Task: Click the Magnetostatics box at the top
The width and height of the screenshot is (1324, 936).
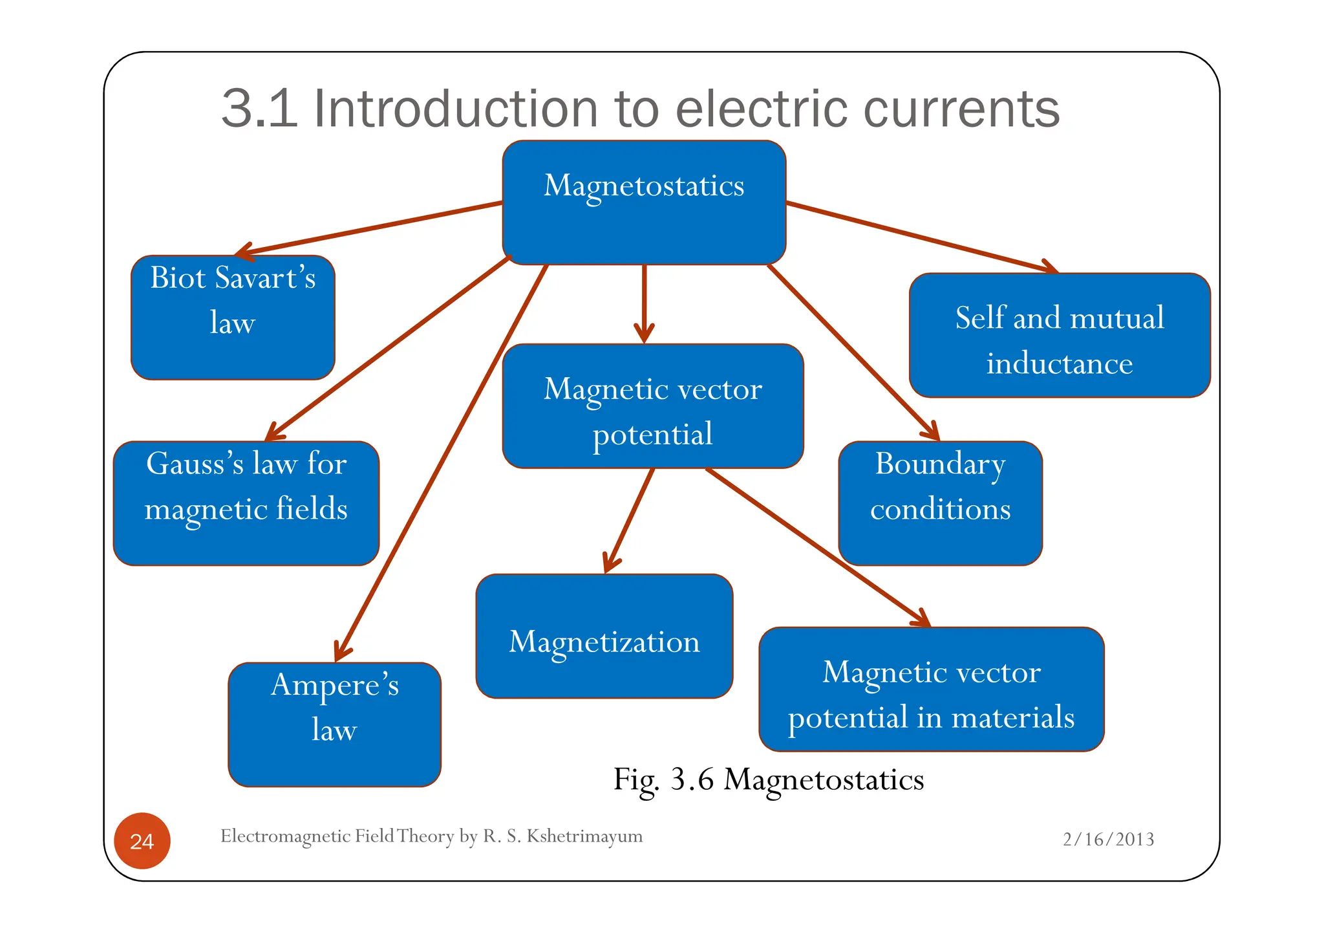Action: (x=644, y=202)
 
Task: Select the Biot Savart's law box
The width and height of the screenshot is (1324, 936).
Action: (x=233, y=317)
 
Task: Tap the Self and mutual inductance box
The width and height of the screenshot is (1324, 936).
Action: (x=1059, y=335)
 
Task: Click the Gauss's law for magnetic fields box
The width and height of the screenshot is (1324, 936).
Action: (x=246, y=503)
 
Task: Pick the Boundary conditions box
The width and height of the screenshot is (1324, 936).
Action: (x=940, y=503)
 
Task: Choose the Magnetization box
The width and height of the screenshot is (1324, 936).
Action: (x=604, y=636)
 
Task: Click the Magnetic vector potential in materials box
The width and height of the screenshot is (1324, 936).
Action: (x=931, y=689)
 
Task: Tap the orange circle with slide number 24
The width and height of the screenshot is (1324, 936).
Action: (x=142, y=840)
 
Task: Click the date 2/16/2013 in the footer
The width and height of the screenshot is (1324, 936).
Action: (x=1108, y=839)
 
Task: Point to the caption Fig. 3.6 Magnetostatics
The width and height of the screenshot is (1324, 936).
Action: (x=768, y=779)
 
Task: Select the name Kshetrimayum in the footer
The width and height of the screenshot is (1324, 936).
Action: (x=584, y=836)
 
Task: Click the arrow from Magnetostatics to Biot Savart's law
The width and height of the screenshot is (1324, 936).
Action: (x=368, y=228)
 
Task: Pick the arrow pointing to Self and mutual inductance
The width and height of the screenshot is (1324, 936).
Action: (x=918, y=236)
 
